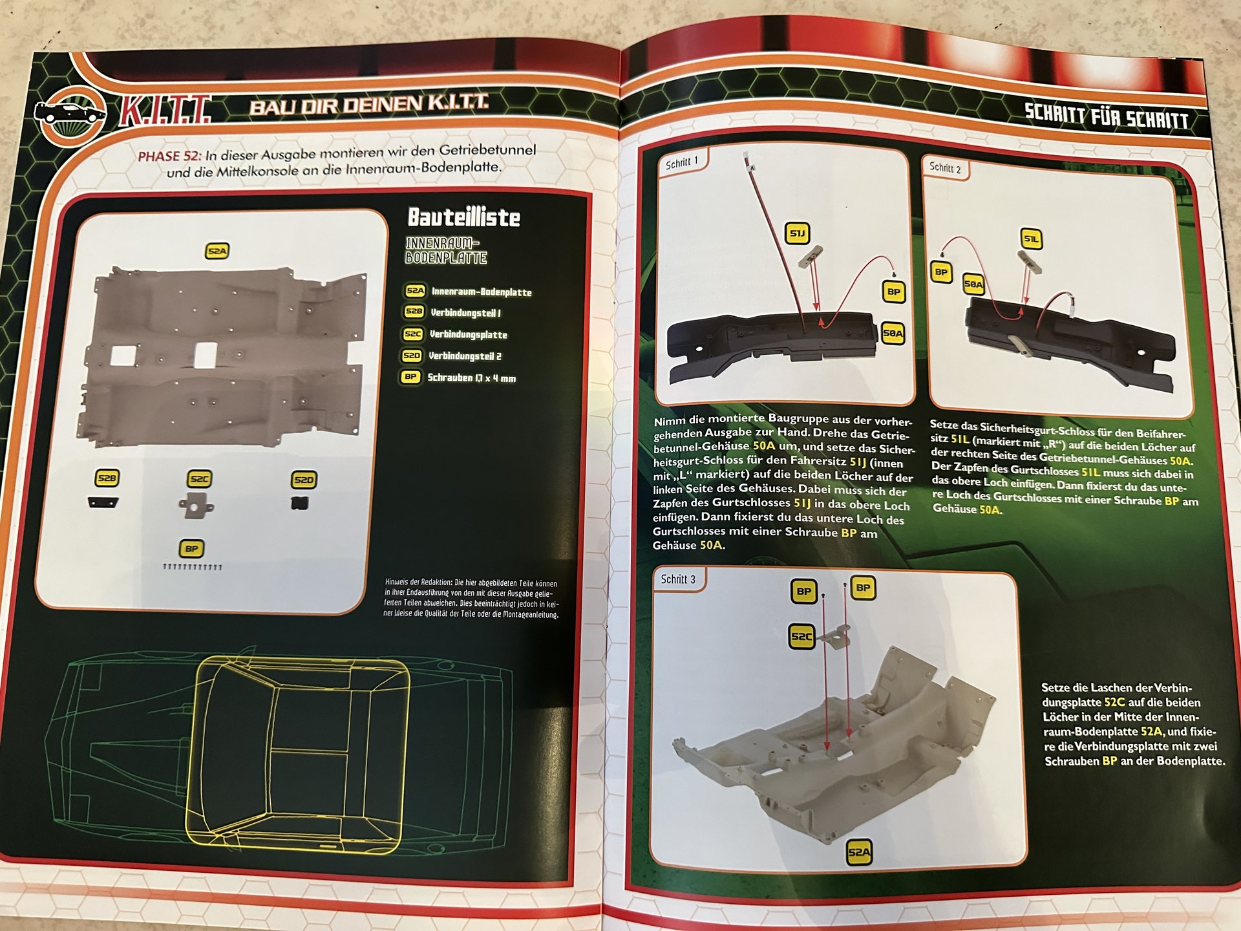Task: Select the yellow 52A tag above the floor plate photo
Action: pyautogui.click(x=217, y=251)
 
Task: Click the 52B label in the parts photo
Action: pyautogui.click(x=107, y=478)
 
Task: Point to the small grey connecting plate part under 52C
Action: pyautogui.click(x=196, y=505)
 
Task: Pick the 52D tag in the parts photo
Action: pyautogui.click(x=303, y=480)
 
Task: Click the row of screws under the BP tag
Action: pyautogui.click(x=193, y=567)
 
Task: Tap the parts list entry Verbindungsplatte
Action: pyautogui.click(x=469, y=335)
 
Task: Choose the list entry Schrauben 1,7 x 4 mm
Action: pyautogui.click(x=472, y=378)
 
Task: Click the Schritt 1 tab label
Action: pyautogui.click(x=682, y=163)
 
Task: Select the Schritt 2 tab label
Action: pyautogui.click(x=945, y=168)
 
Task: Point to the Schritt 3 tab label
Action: pyautogui.click(x=678, y=579)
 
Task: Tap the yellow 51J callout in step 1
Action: pyautogui.click(x=798, y=233)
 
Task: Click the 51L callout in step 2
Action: pyautogui.click(x=1032, y=239)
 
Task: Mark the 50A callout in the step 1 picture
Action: pyautogui.click(x=893, y=334)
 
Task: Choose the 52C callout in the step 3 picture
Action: pyautogui.click(x=801, y=636)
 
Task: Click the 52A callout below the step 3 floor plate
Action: pyautogui.click(x=859, y=852)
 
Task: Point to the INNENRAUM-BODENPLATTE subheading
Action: pyautogui.click(x=446, y=251)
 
